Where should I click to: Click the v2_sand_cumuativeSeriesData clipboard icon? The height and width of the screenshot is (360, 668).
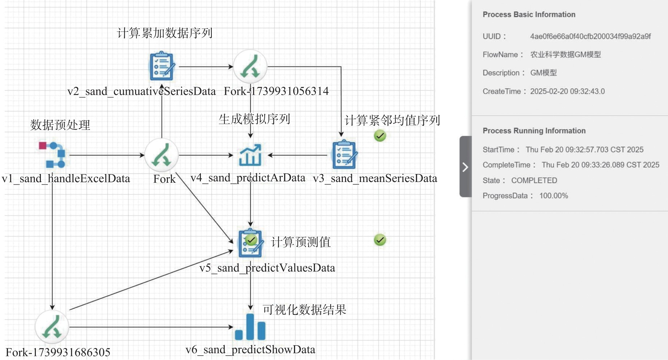click(162, 67)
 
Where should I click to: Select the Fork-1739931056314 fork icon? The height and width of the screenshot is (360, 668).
click(250, 67)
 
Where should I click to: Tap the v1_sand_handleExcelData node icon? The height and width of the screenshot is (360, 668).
click(52, 155)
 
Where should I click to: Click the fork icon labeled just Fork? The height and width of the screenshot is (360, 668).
click(161, 155)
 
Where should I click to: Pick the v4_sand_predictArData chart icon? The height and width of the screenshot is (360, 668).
click(250, 155)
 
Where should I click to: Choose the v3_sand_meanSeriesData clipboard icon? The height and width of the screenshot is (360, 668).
click(344, 155)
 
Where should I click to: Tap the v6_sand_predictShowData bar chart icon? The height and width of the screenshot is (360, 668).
click(250, 327)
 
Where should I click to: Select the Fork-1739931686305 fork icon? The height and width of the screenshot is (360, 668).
click(52, 327)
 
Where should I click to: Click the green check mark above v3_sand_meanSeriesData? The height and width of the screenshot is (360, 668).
click(380, 136)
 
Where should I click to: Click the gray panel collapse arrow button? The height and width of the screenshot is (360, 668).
click(465, 167)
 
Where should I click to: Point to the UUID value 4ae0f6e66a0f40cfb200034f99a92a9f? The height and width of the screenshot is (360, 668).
click(590, 37)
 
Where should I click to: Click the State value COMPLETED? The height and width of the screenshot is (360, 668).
click(534, 181)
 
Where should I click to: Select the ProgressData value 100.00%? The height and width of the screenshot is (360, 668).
click(554, 196)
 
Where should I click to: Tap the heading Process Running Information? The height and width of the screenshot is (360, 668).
click(534, 131)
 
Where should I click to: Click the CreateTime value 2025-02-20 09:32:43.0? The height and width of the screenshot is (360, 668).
click(567, 92)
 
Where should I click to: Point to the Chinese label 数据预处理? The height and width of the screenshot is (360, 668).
click(60, 125)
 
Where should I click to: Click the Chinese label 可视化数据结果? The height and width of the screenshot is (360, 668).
click(304, 310)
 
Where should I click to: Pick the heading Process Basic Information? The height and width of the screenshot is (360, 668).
click(529, 14)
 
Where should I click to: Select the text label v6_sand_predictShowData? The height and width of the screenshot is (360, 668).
click(250, 350)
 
